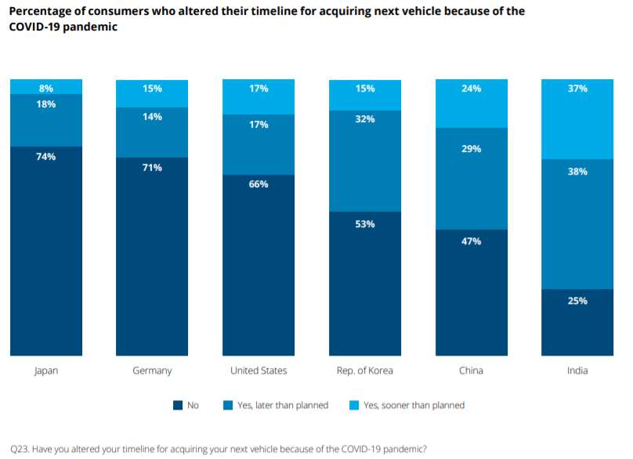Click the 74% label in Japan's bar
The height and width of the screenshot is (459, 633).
pyautogui.click(x=46, y=157)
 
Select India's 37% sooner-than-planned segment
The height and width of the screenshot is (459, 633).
pyautogui.click(x=577, y=119)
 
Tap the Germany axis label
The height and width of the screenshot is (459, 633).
pyautogui.click(x=152, y=370)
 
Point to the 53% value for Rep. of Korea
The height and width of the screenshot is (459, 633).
pyautogui.click(x=365, y=224)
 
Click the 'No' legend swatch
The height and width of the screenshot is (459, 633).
pyautogui.click(x=177, y=406)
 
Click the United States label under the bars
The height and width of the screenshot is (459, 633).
pyautogui.click(x=259, y=370)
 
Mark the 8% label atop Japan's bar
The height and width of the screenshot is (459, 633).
pyautogui.click(x=46, y=89)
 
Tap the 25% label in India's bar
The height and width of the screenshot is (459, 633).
pyautogui.click(x=577, y=301)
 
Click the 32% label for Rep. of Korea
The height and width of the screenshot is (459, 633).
pyautogui.click(x=365, y=120)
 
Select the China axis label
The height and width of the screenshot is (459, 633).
pyautogui.click(x=471, y=370)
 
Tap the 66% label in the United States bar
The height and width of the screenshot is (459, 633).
pyautogui.click(x=259, y=184)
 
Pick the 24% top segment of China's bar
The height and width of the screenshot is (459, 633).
pyautogui.click(x=471, y=103)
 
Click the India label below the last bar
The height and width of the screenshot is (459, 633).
pyautogui.click(x=577, y=370)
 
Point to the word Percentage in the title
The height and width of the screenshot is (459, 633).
pyautogui.click(x=42, y=12)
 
